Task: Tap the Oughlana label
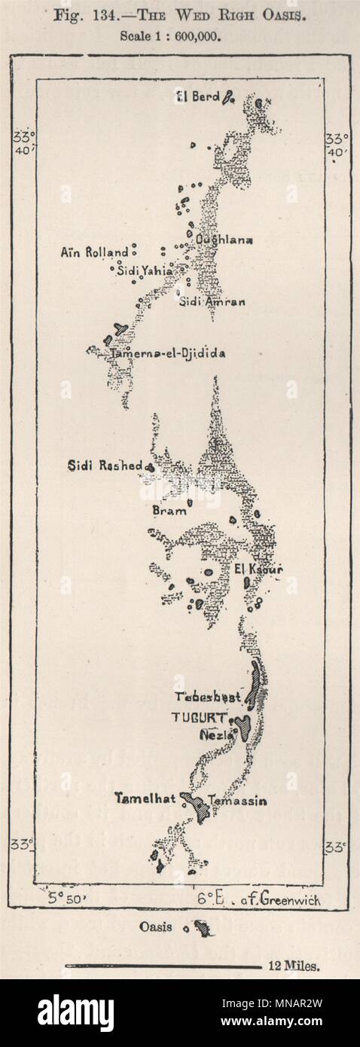224,240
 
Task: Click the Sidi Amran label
212,301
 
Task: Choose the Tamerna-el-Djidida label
167,353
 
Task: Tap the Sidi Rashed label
115,466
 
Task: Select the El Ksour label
258,569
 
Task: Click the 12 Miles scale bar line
162,965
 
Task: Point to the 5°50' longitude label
68,898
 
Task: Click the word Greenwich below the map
289,899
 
